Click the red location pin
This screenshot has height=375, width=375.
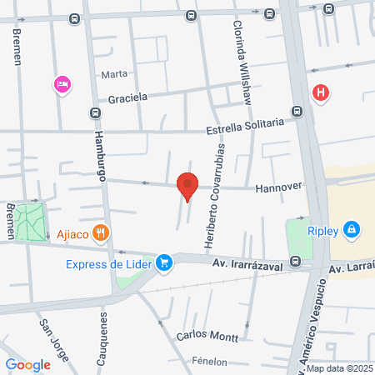pos(188,187)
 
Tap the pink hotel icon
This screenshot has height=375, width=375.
pos(61,84)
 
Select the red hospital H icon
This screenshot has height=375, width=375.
pos(320,92)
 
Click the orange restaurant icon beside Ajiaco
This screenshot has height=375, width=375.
pos(102,233)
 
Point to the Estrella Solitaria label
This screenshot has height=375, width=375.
pos(245,127)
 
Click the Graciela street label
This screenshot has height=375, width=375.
pos(127,97)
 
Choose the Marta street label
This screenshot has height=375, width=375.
pos(114,74)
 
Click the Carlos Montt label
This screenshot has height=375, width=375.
pos(208,337)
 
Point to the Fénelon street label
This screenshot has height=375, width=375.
pos(214,362)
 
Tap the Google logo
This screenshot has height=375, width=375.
pos(27,364)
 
